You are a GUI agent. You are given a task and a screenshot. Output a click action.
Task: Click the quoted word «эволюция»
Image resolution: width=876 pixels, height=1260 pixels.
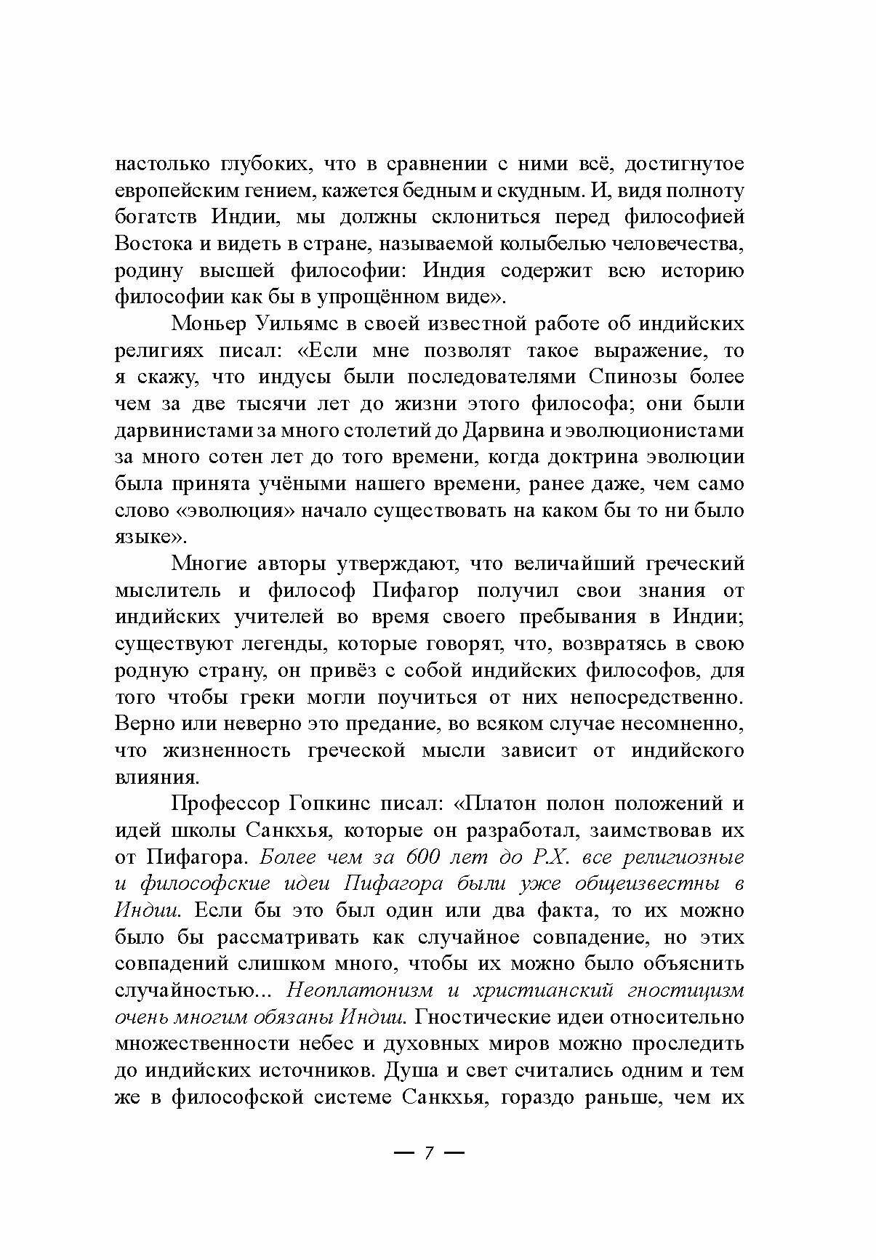(236, 510)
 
